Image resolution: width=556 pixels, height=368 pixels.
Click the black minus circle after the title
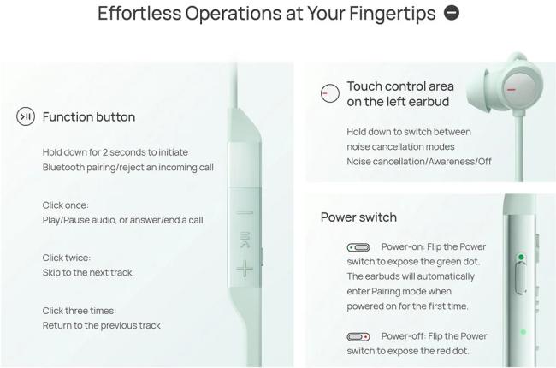(452, 13)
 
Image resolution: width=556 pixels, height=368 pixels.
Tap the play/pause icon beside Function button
(26, 116)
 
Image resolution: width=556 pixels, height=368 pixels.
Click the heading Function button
(89, 116)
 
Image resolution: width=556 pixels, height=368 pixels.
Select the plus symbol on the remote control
(245, 269)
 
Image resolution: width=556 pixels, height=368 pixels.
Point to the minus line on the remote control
(245, 213)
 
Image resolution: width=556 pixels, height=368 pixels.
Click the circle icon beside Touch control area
(330, 93)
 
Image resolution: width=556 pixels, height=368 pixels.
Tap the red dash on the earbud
(511, 89)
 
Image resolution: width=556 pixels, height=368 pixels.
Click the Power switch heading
(358, 217)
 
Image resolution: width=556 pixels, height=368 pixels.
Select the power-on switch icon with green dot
(358, 247)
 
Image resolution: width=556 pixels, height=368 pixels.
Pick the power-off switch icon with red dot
(358, 337)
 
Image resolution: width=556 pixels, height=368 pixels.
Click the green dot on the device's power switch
(521, 257)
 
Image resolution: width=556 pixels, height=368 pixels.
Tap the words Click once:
(66, 205)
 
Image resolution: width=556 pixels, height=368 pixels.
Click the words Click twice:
(67, 258)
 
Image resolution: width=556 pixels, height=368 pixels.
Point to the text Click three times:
(80, 311)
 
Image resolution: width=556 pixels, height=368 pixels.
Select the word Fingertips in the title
(392, 14)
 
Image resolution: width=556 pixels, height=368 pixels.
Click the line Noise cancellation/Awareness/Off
(419, 162)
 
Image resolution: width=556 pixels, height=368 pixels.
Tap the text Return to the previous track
(102, 325)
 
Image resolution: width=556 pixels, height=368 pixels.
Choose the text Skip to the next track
(87, 272)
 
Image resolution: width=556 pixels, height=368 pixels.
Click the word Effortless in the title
(139, 14)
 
